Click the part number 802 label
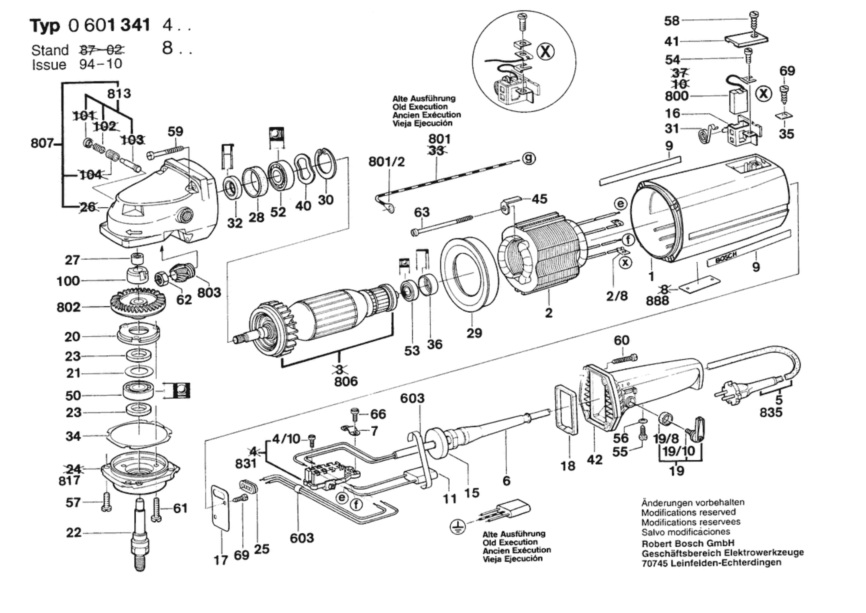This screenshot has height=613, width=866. coord(69,308)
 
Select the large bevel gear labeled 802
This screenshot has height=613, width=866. coord(138,304)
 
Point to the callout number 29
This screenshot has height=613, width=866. coord(474,333)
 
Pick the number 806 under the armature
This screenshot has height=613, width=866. coord(346,381)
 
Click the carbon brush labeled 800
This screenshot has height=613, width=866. coord(738,102)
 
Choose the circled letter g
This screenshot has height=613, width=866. coord(529,158)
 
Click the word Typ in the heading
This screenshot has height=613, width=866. coord(45,26)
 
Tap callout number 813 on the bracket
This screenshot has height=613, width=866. coord(119,94)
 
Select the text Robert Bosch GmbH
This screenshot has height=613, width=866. coord(688,543)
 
